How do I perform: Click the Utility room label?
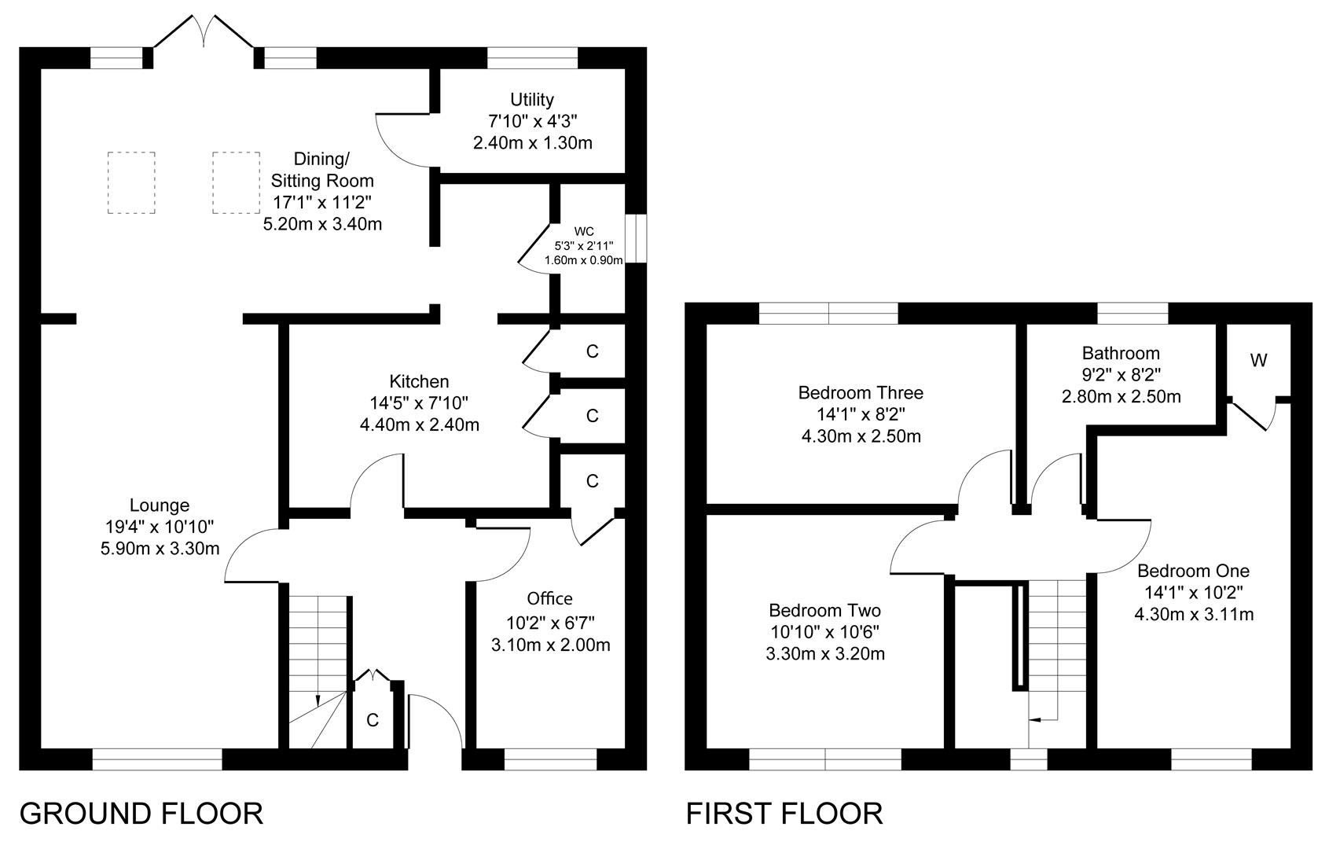tap(531, 100)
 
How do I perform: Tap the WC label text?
tap(584, 231)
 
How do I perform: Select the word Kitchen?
tap(419, 381)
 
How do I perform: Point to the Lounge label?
tap(160, 505)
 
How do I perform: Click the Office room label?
tap(550, 599)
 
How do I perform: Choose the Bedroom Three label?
tap(861, 393)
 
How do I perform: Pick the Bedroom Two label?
tap(824, 611)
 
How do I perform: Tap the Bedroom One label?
tap(1194, 571)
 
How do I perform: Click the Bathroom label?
tap(1121, 353)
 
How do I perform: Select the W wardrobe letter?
tap(1258, 360)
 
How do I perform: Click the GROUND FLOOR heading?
tap(141, 814)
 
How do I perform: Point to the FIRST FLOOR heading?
tap(784, 814)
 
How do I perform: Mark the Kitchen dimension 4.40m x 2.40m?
tap(420, 424)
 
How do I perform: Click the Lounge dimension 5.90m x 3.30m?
tap(160, 548)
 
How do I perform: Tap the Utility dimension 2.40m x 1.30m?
tap(533, 143)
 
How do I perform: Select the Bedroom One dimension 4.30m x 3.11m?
tap(1194, 614)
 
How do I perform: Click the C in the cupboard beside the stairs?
tap(373, 720)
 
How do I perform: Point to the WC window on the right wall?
tap(636, 238)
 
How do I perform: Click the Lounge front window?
tap(157, 759)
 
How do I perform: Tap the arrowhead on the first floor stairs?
tap(1034, 720)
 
